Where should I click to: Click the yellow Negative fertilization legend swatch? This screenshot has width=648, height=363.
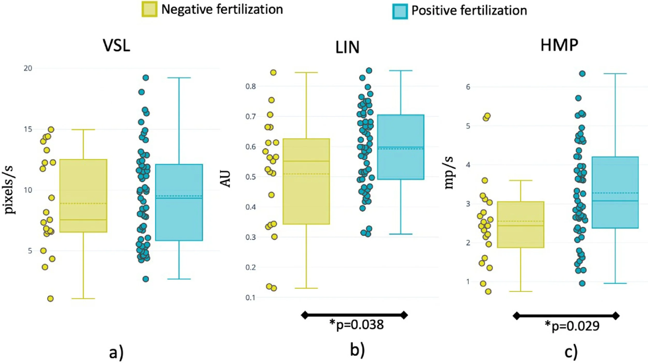tap(149, 9)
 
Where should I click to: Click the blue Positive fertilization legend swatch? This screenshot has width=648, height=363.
tap(400, 11)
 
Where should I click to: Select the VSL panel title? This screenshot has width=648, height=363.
tap(116, 46)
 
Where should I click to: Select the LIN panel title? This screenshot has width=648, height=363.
tap(347, 47)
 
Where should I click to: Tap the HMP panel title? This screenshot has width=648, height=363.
tap(559, 45)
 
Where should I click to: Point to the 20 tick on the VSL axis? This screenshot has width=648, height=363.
tap(28, 68)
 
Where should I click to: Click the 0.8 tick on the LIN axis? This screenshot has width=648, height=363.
tap(251, 86)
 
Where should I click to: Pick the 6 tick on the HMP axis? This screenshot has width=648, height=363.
tap(468, 87)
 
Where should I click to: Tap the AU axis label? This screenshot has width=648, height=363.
tap(226, 179)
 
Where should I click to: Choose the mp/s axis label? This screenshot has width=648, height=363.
tap(449, 173)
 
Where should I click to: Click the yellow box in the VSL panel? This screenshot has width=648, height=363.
tap(83, 196)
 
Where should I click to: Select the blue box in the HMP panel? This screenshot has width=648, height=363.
tap(615, 192)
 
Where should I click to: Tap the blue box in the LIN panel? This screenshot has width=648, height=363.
tap(400, 147)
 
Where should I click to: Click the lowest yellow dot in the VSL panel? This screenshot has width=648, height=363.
tap(50, 299)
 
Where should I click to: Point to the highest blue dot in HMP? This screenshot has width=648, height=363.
tap(582, 74)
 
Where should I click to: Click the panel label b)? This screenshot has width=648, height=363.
tap(357, 350)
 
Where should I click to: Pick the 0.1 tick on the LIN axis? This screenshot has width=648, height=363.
tap(251, 297)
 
